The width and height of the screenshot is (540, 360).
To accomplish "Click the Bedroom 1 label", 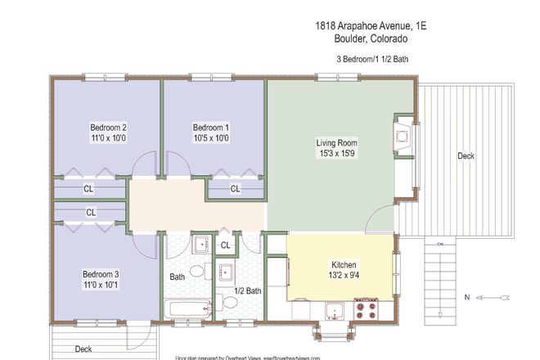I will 211,128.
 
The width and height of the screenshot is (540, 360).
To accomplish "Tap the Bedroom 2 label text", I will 108,128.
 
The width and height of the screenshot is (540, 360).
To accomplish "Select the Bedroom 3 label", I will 101,274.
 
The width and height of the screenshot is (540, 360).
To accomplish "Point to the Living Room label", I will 337,143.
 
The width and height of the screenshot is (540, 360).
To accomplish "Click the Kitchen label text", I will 344,265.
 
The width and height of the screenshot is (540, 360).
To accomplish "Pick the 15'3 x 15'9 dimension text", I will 337,155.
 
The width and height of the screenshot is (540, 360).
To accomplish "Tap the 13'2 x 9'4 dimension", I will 344,277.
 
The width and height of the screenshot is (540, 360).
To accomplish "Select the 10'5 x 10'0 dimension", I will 211,139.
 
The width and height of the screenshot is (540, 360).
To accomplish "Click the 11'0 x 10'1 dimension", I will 101,286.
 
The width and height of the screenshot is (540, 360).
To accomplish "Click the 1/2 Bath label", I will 247,290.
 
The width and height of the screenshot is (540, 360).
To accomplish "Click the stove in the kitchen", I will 369,308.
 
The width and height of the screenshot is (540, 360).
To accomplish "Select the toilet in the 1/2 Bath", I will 231,302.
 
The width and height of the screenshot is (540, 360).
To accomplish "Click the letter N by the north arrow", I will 466,296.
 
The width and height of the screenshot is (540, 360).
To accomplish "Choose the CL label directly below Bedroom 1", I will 235,189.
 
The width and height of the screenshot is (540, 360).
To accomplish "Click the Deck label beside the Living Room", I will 466,155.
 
